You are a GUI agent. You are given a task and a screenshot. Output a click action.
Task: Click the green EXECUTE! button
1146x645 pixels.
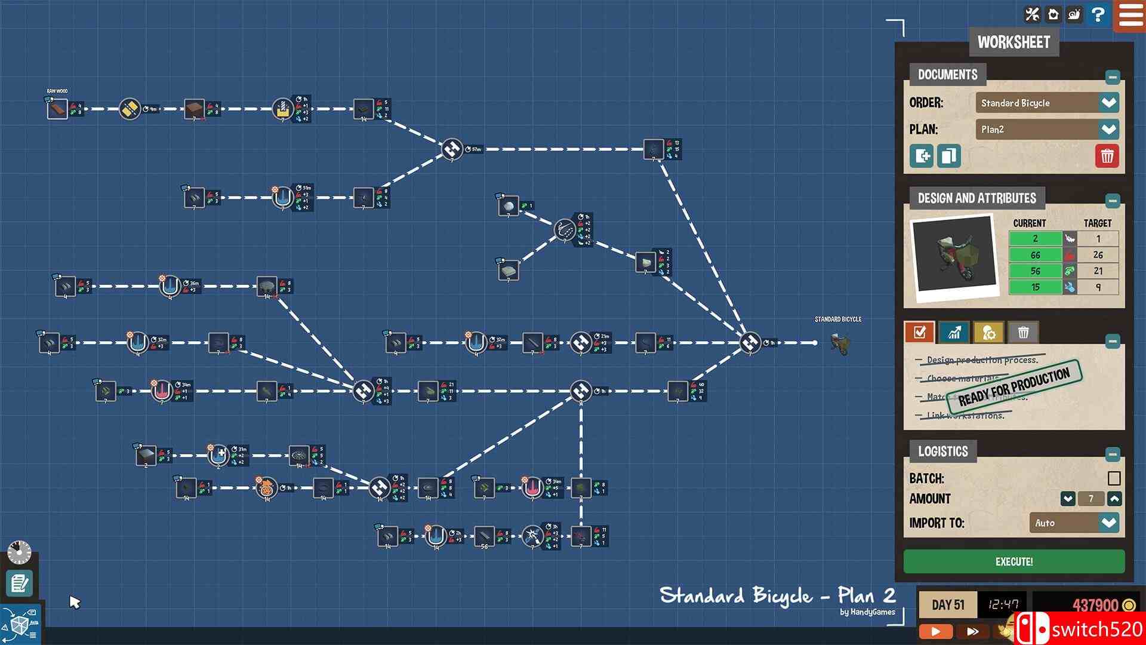click(1013, 561)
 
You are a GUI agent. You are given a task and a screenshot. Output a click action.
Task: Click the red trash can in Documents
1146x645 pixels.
click(1107, 156)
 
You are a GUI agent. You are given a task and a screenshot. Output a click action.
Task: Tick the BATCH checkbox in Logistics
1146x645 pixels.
click(1113, 478)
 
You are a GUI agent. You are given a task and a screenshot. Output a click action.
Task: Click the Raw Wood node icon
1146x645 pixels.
click(57, 109)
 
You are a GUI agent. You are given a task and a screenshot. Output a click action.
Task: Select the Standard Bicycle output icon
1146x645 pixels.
click(839, 343)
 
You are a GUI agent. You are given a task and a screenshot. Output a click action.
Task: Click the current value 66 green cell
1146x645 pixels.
click(1035, 255)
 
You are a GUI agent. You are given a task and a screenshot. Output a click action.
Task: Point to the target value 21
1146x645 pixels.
click(1098, 271)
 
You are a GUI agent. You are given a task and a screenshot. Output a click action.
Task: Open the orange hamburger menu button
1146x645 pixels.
click(1130, 14)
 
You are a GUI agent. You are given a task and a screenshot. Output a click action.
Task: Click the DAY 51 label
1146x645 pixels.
click(947, 605)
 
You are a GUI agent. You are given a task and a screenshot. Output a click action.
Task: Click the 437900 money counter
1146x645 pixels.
click(1095, 605)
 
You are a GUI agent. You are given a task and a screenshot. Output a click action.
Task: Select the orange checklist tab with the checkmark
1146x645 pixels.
click(919, 332)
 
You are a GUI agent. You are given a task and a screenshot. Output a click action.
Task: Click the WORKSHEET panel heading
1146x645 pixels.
click(1013, 42)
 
